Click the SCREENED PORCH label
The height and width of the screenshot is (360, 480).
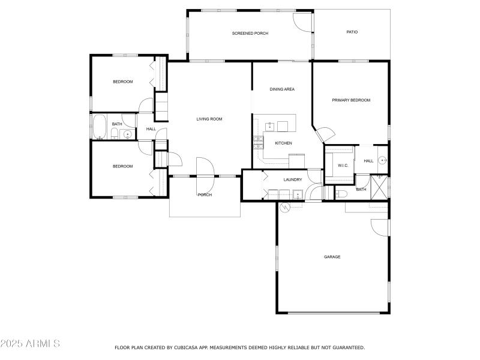point(250,33)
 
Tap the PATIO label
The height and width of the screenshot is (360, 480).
point(352,32)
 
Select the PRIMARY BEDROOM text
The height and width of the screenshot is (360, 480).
point(351,100)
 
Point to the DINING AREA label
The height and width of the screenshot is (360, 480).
point(281,89)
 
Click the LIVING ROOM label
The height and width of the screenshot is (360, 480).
point(209,119)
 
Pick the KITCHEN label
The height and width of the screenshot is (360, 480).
point(283,143)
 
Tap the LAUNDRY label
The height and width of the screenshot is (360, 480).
point(284,179)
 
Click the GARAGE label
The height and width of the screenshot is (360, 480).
point(332,257)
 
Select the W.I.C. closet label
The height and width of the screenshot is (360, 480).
point(343,165)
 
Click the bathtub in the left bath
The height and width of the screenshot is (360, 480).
point(100,127)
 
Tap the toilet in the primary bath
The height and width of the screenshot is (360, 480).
point(340,193)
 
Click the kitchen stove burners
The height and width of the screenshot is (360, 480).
point(259,142)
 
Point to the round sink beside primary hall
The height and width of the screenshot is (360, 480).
point(383,161)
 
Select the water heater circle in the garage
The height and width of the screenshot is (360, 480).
point(286,207)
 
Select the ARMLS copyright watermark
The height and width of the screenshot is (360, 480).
point(30,344)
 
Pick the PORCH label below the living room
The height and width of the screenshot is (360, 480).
point(205,194)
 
